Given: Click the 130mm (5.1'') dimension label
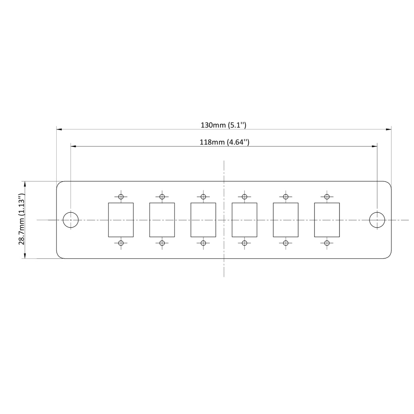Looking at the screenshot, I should (223, 125).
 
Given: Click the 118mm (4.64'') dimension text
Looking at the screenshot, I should (224, 142).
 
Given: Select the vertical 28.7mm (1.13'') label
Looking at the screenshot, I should (21, 219).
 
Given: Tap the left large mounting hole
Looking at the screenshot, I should (71, 220).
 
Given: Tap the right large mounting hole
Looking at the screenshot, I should (377, 220).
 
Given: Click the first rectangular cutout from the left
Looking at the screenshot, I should (121, 220).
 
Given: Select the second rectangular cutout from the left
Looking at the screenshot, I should (162, 220).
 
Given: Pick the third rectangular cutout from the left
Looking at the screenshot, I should (203, 220).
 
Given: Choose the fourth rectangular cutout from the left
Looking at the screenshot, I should (244, 220).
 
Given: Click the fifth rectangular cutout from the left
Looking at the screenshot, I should (285, 220).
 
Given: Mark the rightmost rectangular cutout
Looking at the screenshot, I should (327, 220).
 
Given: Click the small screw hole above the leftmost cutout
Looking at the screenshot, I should (121, 197).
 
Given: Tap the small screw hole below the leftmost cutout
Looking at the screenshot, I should (121, 243).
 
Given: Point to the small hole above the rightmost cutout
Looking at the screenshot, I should (327, 197).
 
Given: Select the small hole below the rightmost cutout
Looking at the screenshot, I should (327, 243).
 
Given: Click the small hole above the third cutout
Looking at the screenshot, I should (203, 197).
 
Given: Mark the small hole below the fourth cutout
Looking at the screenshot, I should (244, 243).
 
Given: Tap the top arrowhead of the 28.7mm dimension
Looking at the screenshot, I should (25, 184).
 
